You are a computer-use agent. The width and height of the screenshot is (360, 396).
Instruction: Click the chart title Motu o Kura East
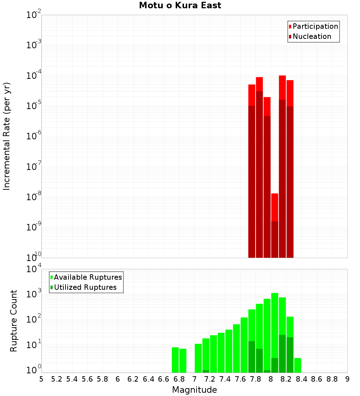[180, 6]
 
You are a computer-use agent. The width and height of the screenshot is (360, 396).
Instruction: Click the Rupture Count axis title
[14, 321]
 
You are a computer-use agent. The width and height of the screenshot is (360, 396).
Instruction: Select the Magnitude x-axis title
[194, 390]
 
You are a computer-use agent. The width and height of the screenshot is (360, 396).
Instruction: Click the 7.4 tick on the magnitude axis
[225, 379]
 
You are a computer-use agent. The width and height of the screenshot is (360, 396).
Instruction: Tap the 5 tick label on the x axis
[41, 379]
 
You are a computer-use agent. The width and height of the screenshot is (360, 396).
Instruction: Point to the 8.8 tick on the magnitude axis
[332, 379]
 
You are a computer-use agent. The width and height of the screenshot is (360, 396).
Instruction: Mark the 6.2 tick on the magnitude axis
[133, 379]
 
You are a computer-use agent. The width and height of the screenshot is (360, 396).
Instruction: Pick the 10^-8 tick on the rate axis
[33, 197]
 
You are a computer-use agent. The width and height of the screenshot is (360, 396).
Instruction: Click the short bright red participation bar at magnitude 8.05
[275, 207]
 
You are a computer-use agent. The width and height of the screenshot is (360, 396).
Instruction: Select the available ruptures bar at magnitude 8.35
[298, 365]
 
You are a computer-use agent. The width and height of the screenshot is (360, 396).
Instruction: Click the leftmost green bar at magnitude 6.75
[175, 360]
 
